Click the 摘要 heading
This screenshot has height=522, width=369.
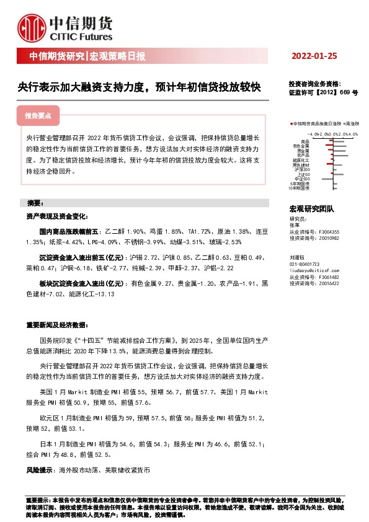[x=35, y=203]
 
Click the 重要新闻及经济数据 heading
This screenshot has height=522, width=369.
[x=55, y=325]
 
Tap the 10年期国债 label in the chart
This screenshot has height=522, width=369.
[x=300, y=187]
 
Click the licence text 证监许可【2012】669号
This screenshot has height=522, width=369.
[x=323, y=92]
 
